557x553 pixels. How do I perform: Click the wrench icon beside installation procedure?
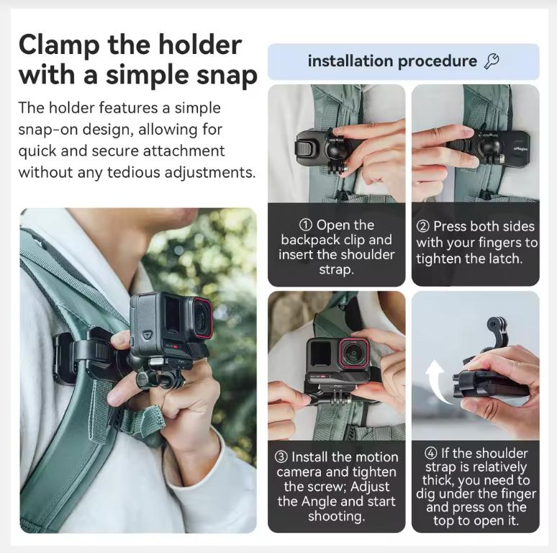pos(492,61)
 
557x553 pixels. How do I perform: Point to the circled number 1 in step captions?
pos(306,225)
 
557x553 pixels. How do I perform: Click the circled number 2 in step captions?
pos(423,226)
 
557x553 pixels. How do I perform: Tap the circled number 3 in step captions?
pos(281,457)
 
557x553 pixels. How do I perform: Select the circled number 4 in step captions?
pos(430,454)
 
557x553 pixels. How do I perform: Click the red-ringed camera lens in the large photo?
pos(201,317)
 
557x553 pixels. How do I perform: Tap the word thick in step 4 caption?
pos(438,480)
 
